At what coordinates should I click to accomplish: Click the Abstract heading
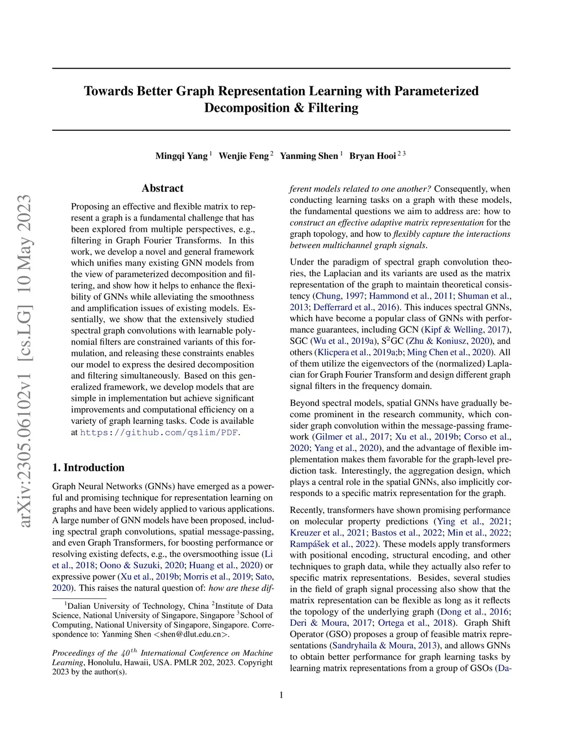pyautogui.click(x=162, y=188)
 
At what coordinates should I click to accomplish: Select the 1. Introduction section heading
pyautogui.click(x=88, y=467)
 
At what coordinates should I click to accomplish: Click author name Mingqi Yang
pyautogui.click(x=181, y=156)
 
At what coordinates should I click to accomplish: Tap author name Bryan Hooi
pyautogui.click(x=372, y=156)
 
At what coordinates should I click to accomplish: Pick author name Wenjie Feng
pyautogui.click(x=243, y=156)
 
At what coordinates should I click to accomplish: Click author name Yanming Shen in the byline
pyautogui.click(x=309, y=156)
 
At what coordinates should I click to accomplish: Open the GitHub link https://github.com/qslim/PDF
pyautogui.click(x=159, y=432)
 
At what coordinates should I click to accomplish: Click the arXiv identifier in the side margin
pyautogui.click(x=25, y=361)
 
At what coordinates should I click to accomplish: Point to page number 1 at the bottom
pyautogui.click(x=281, y=695)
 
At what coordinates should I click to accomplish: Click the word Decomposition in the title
pyautogui.click(x=248, y=108)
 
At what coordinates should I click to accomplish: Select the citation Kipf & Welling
pyautogui.click(x=453, y=330)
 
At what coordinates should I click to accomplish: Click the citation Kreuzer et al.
pyautogui.click(x=317, y=533)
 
